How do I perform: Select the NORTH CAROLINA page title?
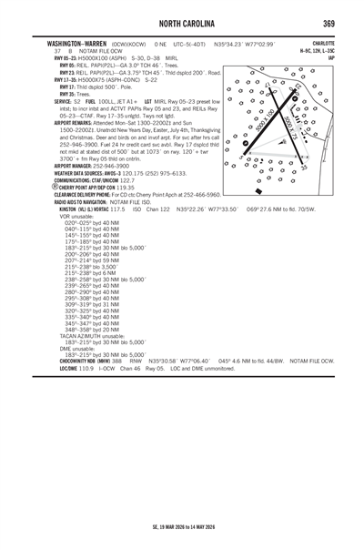(x=181, y=23)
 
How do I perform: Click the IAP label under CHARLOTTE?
(x=331, y=57)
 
